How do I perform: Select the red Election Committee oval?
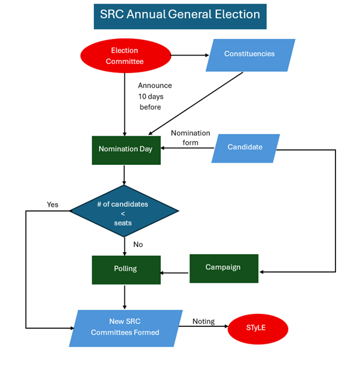[x=125, y=56]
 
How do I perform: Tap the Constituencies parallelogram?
[x=250, y=54]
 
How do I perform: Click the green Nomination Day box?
[x=126, y=149]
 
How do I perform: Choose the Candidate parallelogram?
[x=245, y=148]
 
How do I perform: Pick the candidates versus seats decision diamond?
[x=124, y=211]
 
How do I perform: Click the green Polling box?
[x=126, y=269]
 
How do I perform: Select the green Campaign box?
[x=224, y=268]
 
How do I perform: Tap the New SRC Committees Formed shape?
[x=126, y=328]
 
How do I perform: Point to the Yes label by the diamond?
[x=53, y=205]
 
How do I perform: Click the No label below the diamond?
[x=138, y=244]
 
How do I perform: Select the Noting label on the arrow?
[x=203, y=322]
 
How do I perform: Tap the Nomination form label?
[x=190, y=137]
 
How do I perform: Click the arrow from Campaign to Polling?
[x=175, y=273]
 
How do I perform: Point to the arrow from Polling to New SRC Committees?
[x=124, y=297]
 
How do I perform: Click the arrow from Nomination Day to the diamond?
[x=124, y=176]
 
